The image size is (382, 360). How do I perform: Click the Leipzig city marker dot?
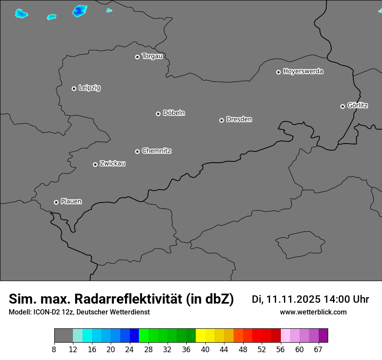pyautogui.click(x=74, y=88)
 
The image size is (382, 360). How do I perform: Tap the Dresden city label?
pyautogui.click(x=239, y=119)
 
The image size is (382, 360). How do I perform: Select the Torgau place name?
pyautogui.click(x=152, y=56)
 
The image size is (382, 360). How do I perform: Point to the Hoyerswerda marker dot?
pyautogui.click(x=278, y=72)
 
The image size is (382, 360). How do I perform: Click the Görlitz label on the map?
pyautogui.click(x=358, y=105)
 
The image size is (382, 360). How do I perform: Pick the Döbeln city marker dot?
pyautogui.click(x=158, y=114)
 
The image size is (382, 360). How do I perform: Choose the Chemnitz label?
pyautogui.click(x=156, y=151)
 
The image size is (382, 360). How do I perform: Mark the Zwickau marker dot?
pyautogui.click(x=95, y=164)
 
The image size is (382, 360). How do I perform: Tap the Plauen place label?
pyautogui.click(x=71, y=201)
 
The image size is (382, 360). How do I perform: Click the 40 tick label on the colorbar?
pyautogui.click(x=205, y=349)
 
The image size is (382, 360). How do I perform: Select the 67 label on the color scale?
pyautogui.click(x=318, y=349)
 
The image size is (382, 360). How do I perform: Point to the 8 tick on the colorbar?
pyautogui.click(x=54, y=349)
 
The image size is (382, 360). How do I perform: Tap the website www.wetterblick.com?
pyautogui.click(x=313, y=312)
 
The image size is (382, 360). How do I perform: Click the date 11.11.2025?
pyautogui.click(x=293, y=299)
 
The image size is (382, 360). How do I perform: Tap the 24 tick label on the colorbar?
pyautogui.click(x=130, y=349)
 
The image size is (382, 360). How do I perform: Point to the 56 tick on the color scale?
pyautogui.click(x=280, y=349)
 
